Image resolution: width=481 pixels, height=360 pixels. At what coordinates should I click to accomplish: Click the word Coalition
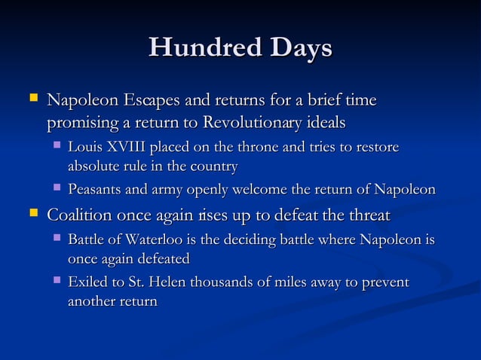[81, 215]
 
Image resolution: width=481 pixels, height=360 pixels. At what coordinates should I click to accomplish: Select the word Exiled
[87, 282]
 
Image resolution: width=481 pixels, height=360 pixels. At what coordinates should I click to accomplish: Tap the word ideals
[325, 122]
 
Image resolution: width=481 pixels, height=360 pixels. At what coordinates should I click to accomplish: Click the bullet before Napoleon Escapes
[32, 99]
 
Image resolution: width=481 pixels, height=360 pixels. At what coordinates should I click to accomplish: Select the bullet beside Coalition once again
[32, 215]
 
